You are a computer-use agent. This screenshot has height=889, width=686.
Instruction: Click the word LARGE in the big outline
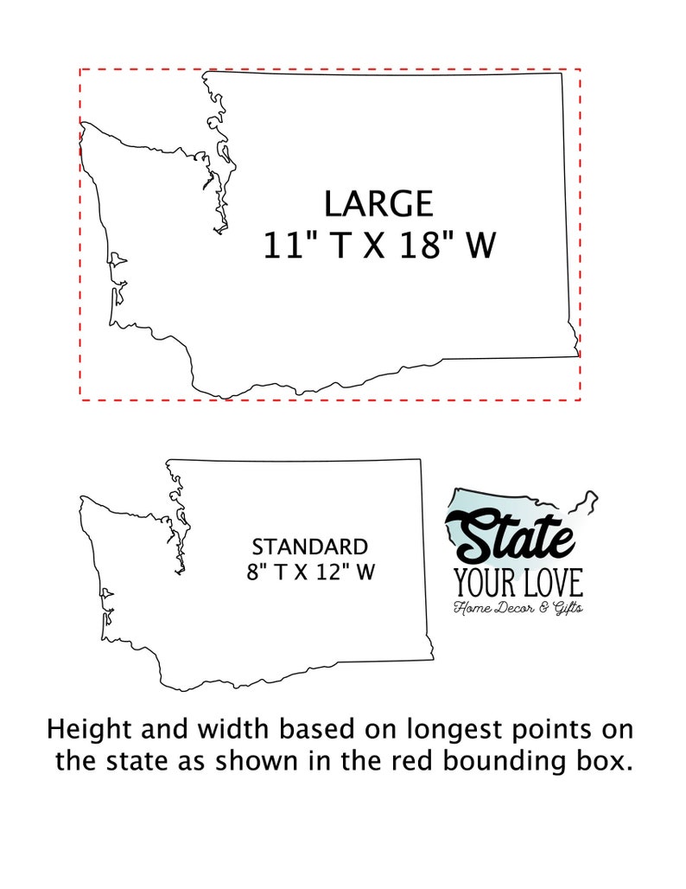pos(378,204)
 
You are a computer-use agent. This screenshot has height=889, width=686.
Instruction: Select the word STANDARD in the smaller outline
pos(309,547)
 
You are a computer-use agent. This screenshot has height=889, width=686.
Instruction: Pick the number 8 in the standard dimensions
pos(253,572)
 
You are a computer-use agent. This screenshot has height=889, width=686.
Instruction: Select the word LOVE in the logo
pos(551,582)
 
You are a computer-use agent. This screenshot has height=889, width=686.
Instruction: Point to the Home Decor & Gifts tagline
pos(518,608)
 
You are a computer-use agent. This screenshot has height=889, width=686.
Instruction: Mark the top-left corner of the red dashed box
pos(80,68)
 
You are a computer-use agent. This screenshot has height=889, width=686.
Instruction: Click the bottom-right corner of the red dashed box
pos(580,400)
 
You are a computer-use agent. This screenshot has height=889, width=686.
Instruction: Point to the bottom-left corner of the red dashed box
pos(80,400)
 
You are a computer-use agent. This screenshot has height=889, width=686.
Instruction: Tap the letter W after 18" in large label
pos(481,245)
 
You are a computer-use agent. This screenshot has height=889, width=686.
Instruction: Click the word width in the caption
pos(212,729)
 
